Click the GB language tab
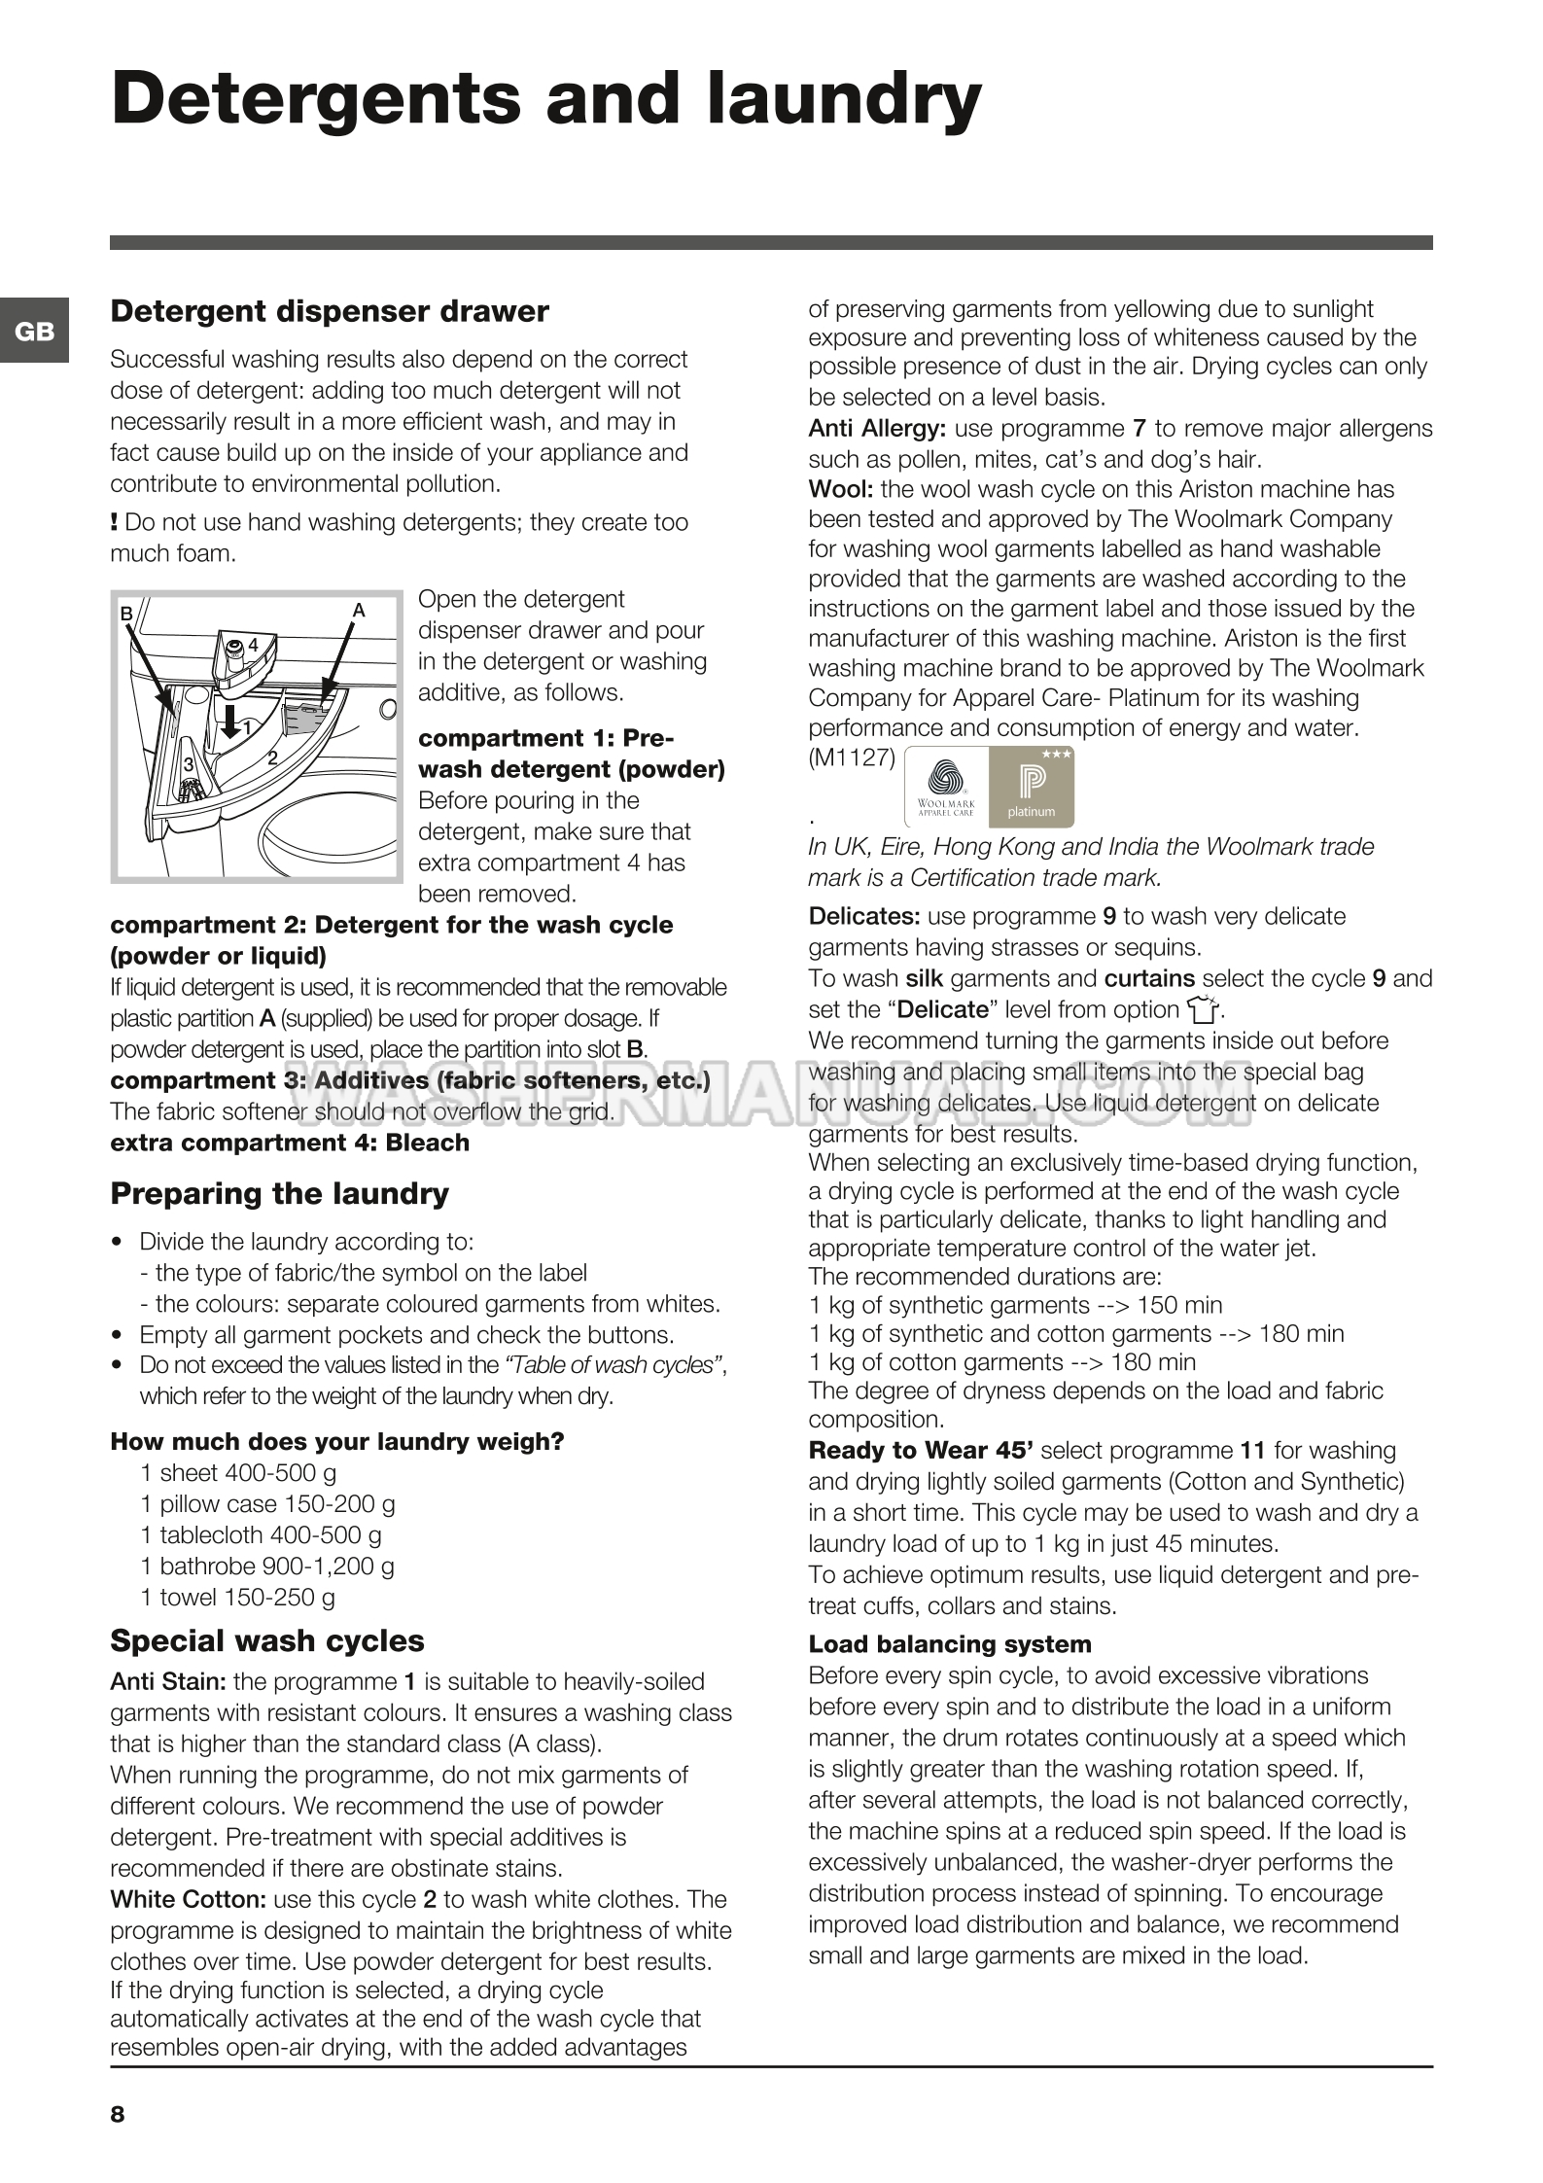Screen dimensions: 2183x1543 [x=34, y=332]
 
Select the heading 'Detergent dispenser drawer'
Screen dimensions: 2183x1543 [x=330, y=311]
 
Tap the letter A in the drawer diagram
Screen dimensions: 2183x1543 [x=359, y=610]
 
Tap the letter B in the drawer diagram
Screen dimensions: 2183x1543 [x=125, y=614]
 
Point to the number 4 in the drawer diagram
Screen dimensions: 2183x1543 [x=253, y=645]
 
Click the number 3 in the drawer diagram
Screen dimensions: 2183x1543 [x=189, y=764]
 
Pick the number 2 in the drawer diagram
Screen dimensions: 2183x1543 [x=272, y=757]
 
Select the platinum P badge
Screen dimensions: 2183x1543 [x=1031, y=787]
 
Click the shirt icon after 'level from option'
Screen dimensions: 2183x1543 [x=1202, y=1010]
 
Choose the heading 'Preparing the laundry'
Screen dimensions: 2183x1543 [x=279, y=1193]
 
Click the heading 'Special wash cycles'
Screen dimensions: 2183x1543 [x=267, y=1640]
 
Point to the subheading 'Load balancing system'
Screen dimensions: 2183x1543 [x=950, y=1644]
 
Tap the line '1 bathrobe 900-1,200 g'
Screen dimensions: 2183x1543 [x=267, y=1566]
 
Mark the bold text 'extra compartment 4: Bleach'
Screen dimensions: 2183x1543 [x=290, y=1143]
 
